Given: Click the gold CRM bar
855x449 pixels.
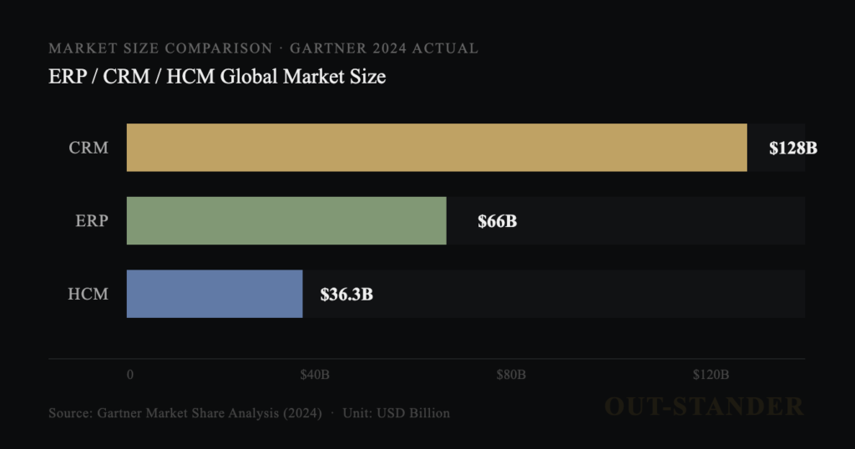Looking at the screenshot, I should point(437,148).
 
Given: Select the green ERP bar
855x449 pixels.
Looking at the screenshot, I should point(286,220).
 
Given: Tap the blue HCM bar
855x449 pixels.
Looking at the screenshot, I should point(215,294).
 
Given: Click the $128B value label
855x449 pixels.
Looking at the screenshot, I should point(792,149).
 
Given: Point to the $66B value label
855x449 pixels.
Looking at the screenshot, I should point(497,221).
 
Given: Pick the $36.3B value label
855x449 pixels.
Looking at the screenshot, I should point(347,295).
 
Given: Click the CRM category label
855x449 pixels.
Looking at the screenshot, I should point(89,149).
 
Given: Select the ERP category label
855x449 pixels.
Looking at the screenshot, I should point(91,221).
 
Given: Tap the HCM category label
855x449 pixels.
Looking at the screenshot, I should point(88,295).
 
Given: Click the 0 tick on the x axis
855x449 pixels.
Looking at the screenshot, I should point(130,375).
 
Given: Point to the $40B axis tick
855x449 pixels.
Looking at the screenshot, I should point(315,375).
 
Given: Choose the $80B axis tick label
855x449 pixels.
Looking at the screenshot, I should point(510,375).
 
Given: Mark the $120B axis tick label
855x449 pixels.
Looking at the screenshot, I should point(711,375).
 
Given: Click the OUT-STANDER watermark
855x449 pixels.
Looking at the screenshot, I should point(703,406).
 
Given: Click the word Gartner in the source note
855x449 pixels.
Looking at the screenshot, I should point(123,413).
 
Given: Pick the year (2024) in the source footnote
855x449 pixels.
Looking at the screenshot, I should point(297,413).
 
